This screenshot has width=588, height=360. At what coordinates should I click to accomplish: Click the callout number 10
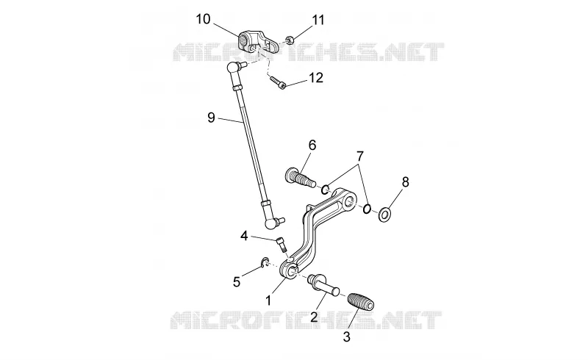pos(204,19)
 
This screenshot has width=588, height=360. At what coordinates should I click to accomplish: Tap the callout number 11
pos(318,20)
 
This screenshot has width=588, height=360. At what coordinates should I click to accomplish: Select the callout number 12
pos(315,78)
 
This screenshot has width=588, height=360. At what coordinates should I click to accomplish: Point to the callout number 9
pos(211,118)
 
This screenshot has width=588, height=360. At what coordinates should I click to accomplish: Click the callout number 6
pos(312,145)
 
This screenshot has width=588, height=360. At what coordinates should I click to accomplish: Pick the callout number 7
pos(360,155)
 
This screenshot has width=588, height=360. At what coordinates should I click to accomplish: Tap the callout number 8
pos(405,182)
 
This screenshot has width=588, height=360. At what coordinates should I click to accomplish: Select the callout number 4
pos(244,236)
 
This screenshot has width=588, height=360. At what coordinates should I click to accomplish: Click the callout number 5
pos(236,281)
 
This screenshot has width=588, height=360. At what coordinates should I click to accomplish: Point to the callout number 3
pos(346,336)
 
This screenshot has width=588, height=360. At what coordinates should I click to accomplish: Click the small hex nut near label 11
pos(289,39)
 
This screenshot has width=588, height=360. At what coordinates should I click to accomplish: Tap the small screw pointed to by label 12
pos(277,82)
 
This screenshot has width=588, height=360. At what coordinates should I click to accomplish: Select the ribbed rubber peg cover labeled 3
pos(361,300)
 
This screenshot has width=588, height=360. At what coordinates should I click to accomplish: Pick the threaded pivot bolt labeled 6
pos(300,177)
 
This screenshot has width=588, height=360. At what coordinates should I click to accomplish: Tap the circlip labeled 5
pos(264,262)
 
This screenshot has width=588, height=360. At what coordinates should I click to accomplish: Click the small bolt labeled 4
pos(282,245)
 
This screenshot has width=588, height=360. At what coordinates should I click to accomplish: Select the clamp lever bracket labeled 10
pos(258,41)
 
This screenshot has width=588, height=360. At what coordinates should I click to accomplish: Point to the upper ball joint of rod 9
pos(234,68)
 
